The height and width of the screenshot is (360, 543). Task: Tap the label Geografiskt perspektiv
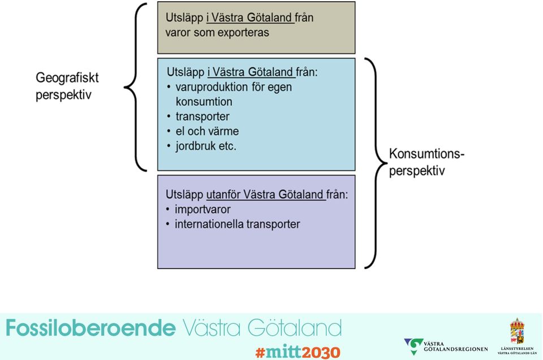(67, 86)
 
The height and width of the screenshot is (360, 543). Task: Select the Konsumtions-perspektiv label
(426, 162)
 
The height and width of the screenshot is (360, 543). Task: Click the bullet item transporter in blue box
(202, 117)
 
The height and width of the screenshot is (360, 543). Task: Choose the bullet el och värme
(207, 131)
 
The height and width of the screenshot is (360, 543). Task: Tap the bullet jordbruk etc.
(206, 146)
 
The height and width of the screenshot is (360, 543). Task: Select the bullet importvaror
(202, 209)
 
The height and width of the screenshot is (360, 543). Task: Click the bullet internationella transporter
(237, 224)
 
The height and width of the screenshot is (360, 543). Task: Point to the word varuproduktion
(212, 87)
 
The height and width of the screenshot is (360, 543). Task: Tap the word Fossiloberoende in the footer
(90, 328)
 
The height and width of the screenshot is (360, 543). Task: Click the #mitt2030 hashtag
(298, 352)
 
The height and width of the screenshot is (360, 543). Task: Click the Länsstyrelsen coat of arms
(517, 331)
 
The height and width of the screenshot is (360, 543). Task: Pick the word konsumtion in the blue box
(204, 102)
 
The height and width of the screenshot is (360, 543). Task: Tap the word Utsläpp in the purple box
(184, 195)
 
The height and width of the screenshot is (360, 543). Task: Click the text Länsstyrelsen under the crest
(517, 349)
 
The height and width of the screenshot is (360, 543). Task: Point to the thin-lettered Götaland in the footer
(295, 328)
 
